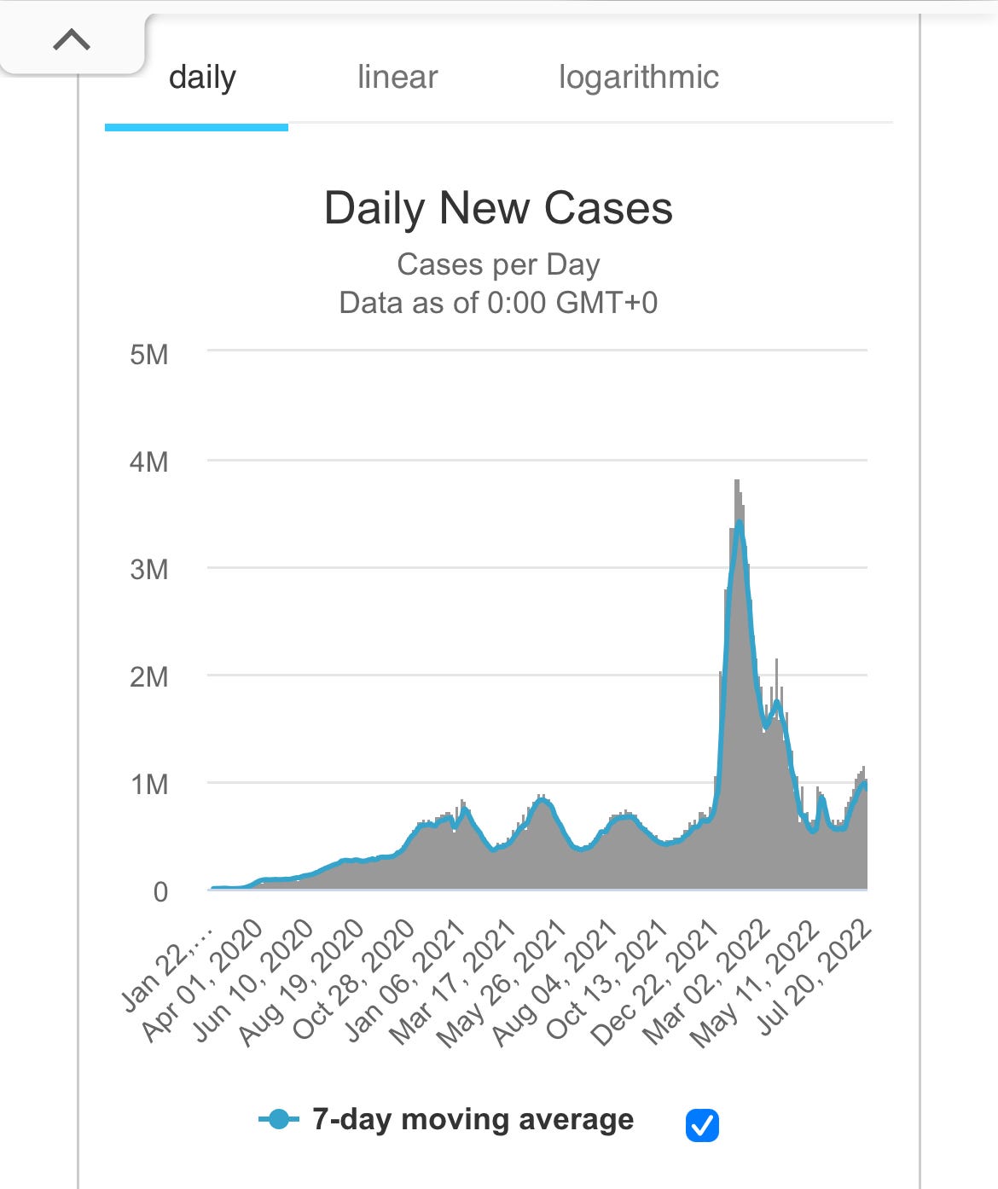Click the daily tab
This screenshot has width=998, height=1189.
coord(202,78)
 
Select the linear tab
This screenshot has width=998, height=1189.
coord(397,78)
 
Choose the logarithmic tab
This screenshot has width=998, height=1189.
coord(638,78)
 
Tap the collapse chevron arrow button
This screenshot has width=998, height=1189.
coord(72,40)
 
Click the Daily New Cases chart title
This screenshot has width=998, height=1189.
coord(498,208)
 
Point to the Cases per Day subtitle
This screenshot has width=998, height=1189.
coord(498,264)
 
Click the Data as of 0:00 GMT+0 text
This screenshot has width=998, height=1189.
coord(498,303)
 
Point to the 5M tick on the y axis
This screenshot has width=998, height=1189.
coord(149,354)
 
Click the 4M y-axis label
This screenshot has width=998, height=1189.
coord(149,462)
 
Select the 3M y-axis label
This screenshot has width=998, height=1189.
coord(149,570)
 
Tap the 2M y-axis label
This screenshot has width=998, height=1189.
coord(149,677)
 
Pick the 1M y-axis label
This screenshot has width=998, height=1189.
coord(149,785)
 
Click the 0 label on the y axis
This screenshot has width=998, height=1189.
coord(160,892)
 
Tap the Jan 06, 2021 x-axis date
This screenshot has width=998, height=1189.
coord(404,981)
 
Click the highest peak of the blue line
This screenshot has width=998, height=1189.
coord(740,522)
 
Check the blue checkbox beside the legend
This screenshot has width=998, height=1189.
coord(702,1125)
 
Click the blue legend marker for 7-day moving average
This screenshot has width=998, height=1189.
coord(279,1119)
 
